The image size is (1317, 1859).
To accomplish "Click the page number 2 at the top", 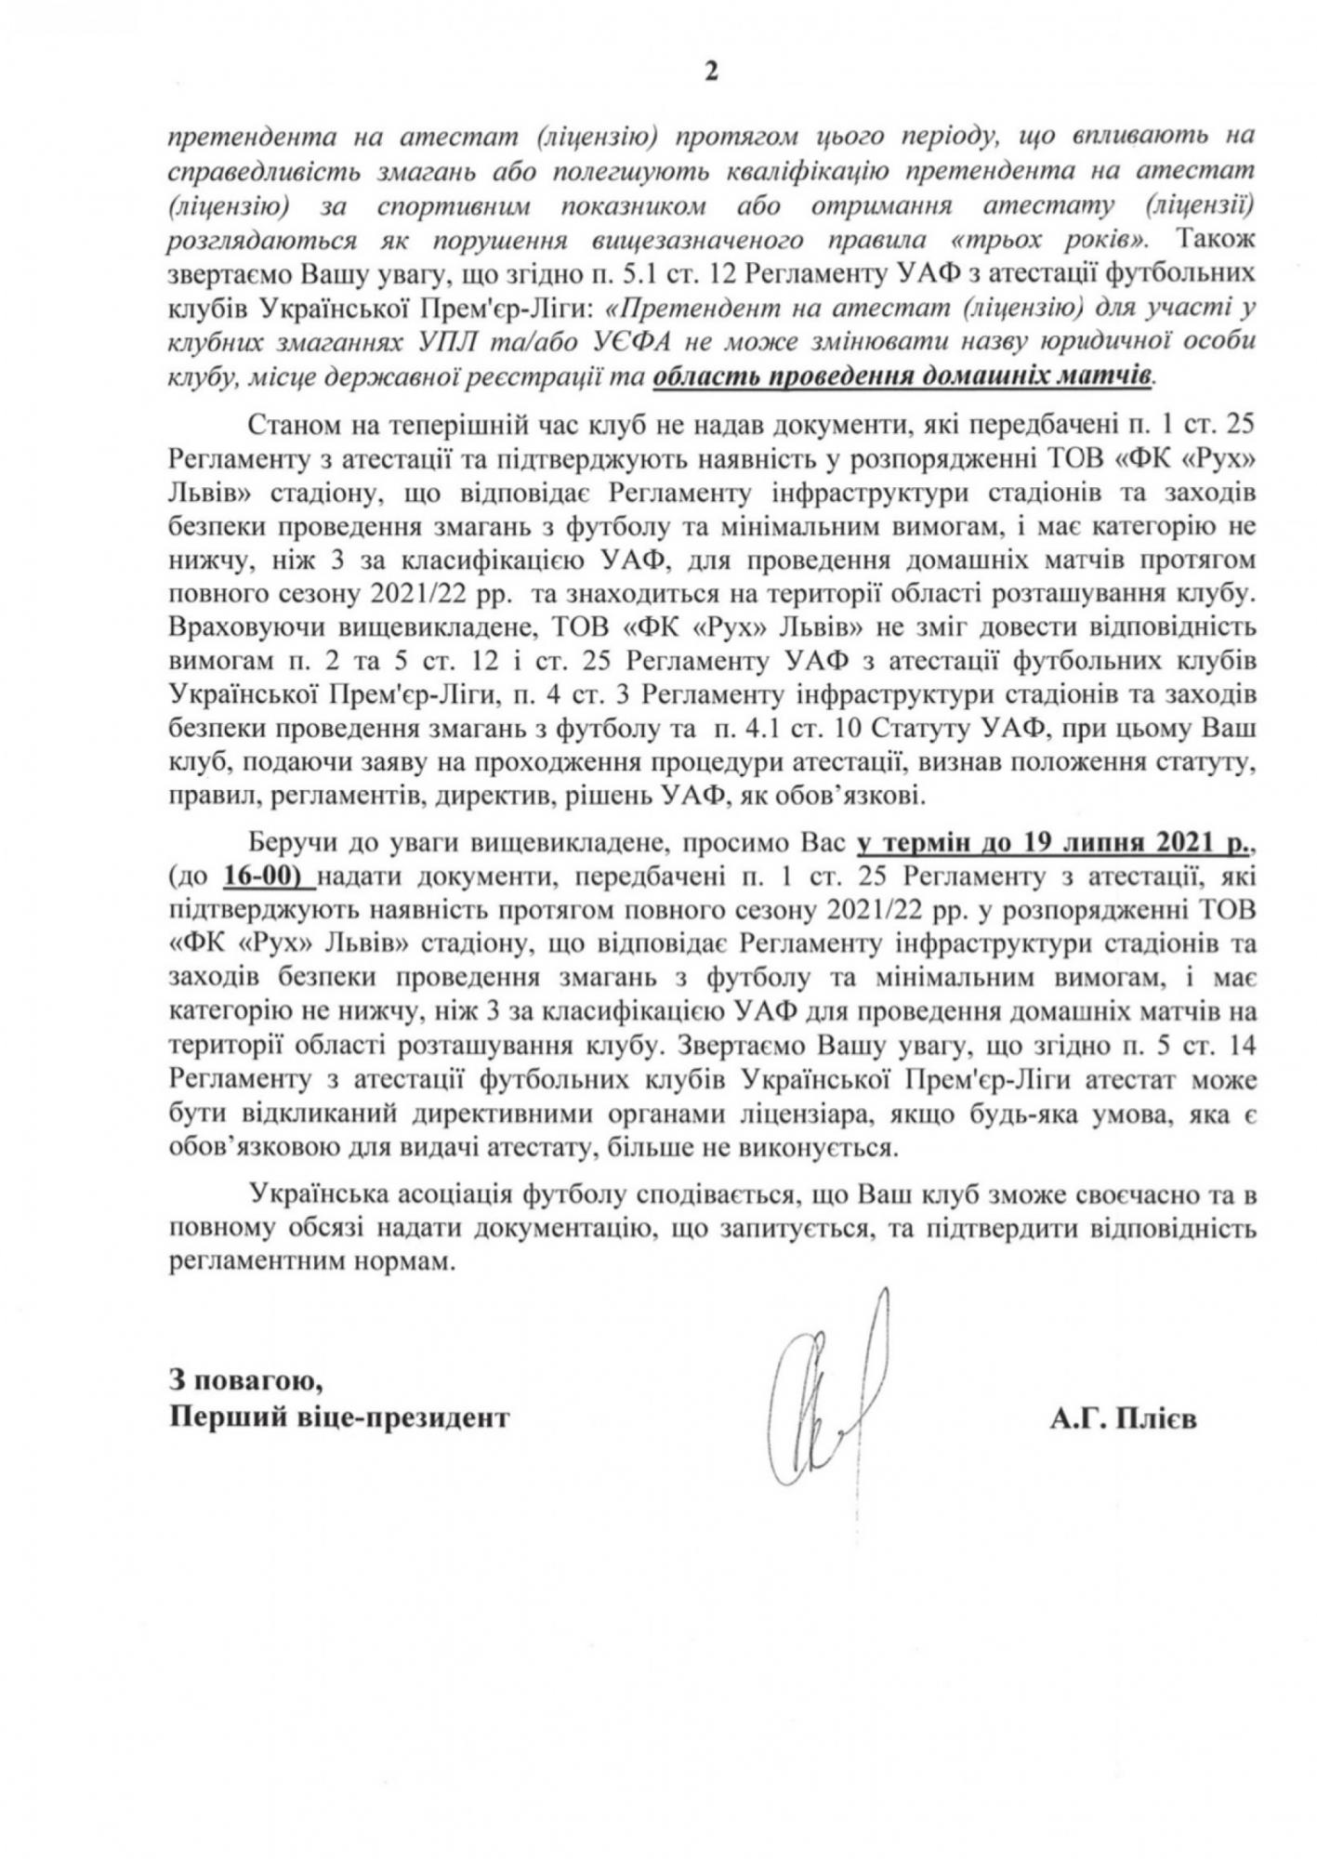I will coord(711,73).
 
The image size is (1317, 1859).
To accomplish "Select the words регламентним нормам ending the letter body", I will coord(313,1263).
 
